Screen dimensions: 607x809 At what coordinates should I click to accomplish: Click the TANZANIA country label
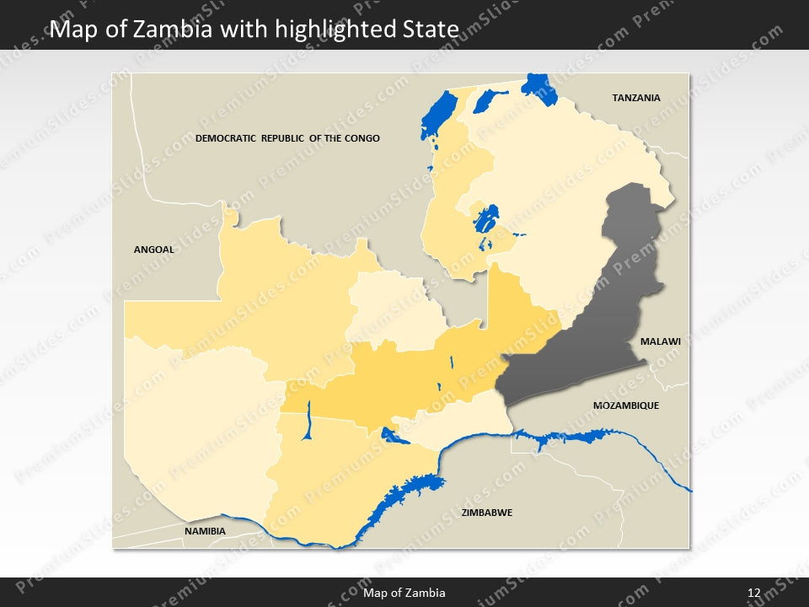[x=636, y=98]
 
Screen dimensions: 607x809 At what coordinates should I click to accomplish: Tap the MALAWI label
[x=660, y=341]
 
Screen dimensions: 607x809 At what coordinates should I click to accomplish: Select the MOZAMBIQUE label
[x=625, y=406]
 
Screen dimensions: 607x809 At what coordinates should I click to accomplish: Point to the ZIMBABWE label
[x=486, y=513]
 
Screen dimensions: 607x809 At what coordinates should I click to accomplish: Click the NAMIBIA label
[x=205, y=531]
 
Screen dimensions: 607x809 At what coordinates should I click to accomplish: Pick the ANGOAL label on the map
[x=153, y=250]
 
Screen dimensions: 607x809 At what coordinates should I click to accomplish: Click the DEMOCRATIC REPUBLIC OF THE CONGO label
[x=287, y=138]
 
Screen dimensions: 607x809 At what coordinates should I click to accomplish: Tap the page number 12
[x=754, y=593]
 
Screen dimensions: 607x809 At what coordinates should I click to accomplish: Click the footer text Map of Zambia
[x=404, y=593]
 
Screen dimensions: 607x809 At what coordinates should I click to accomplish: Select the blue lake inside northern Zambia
[x=485, y=221]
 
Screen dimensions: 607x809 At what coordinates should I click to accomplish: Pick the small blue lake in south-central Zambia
[x=393, y=436]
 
